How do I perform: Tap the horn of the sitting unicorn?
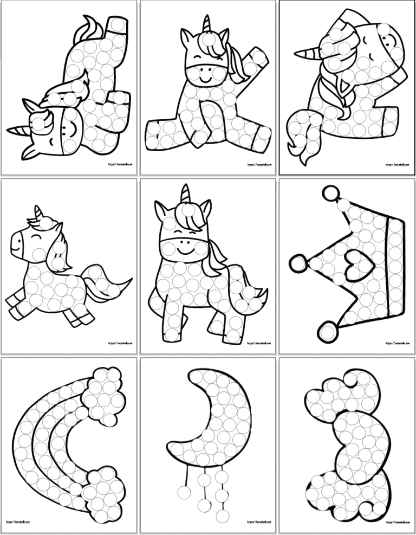tap(206, 24)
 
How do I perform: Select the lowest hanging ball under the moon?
tap(205, 506)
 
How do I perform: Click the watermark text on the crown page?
tap(396, 343)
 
